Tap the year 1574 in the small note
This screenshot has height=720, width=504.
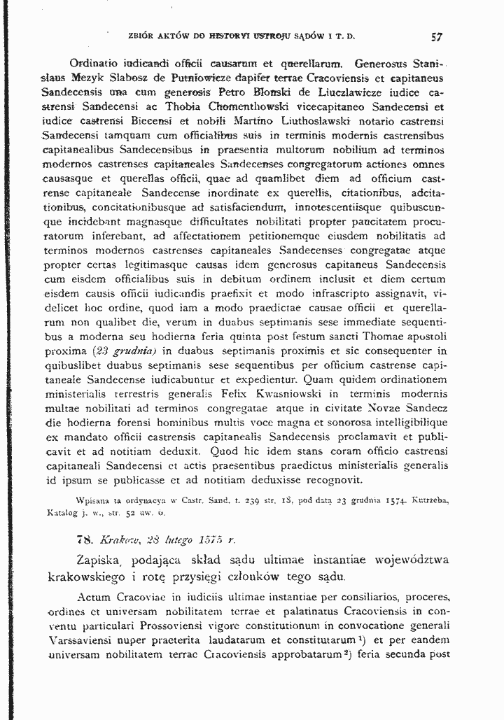pyautogui.click(x=398, y=501)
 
